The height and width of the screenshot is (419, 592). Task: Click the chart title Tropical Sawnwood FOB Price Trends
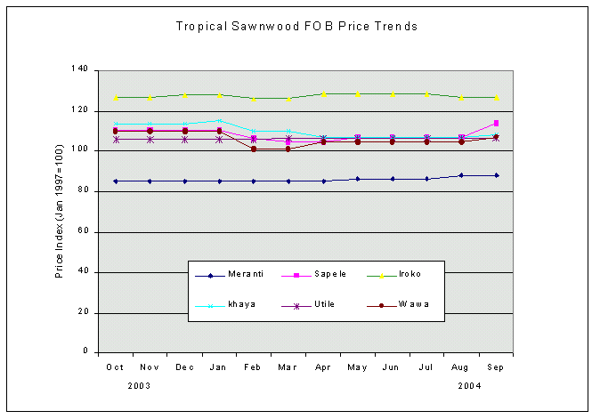click(297, 27)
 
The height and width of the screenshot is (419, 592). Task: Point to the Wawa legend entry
click(414, 304)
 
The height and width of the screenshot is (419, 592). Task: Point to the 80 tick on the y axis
click(82, 190)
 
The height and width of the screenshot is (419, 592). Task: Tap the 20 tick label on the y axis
click(82, 312)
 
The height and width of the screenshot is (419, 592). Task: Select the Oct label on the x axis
click(115, 367)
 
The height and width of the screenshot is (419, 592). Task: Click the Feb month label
click(253, 367)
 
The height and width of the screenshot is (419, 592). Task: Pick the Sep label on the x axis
click(495, 367)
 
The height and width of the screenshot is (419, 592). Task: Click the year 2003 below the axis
click(138, 386)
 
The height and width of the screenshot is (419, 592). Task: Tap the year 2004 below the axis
click(470, 386)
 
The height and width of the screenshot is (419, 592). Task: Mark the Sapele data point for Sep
click(496, 123)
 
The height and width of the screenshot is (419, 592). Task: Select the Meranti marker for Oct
click(116, 181)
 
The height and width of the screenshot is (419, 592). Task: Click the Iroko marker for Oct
click(116, 97)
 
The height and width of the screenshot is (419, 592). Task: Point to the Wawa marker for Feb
click(254, 149)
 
